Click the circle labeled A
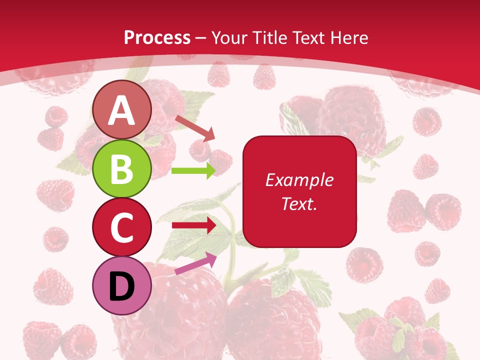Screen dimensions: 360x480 [x=122, y=110]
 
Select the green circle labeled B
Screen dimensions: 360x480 [x=122, y=168]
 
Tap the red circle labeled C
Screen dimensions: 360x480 [x=122, y=227]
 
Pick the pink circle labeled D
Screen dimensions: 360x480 [x=122, y=285]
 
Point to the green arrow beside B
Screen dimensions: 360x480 [x=193, y=171]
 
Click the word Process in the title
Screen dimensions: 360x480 [x=157, y=37]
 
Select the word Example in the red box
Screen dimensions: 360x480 [x=299, y=180]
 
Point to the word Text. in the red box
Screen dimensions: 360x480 [x=299, y=203]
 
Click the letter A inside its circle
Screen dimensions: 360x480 [x=122, y=110]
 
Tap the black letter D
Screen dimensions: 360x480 [x=122, y=286]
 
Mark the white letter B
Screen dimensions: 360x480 [x=122, y=169]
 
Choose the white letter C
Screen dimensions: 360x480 [x=122, y=227]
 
